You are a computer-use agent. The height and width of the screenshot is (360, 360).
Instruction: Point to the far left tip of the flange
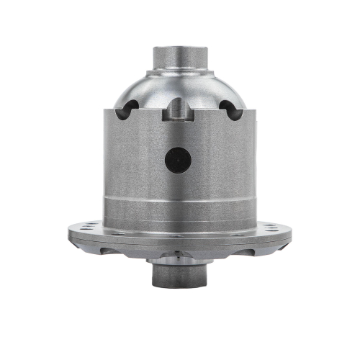pos(69,233)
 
